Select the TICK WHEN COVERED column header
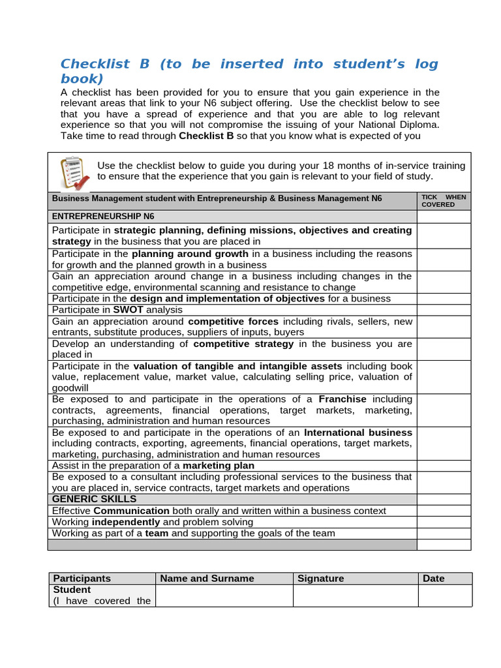point(443,201)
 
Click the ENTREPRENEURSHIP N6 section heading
point(103,217)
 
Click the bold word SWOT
point(128,310)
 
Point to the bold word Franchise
point(342,399)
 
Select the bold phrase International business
point(358,433)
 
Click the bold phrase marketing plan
point(219,466)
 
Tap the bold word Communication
point(132,511)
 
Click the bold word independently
point(126,522)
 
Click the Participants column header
point(82,578)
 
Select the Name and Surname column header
point(207,578)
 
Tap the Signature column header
point(320,578)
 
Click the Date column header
point(434,578)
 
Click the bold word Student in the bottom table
point(72,590)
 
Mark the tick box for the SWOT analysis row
point(443,310)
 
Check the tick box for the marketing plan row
point(443,466)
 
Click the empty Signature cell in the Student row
point(355,595)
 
